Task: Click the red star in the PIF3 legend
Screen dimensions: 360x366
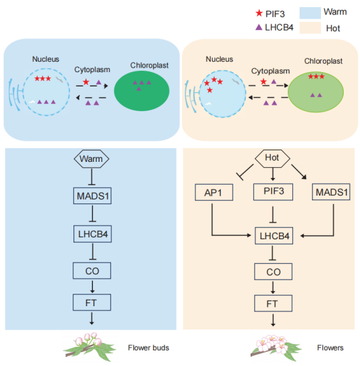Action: (259, 13)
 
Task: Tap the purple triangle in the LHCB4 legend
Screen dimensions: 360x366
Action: (259, 27)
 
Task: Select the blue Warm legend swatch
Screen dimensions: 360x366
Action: (310, 13)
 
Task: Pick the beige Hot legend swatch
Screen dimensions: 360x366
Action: (310, 28)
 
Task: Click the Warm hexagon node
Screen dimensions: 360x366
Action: (92, 159)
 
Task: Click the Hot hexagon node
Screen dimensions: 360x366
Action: (272, 159)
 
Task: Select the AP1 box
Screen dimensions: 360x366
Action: (214, 192)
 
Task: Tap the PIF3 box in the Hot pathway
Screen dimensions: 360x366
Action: (273, 192)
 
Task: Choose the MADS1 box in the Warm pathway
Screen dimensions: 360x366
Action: (92, 196)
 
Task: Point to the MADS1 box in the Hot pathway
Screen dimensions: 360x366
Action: (331, 192)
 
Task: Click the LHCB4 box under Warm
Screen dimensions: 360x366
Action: (92, 234)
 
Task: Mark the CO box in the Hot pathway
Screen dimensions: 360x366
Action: (273, 272)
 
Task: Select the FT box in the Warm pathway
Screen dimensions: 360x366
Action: (92, 302)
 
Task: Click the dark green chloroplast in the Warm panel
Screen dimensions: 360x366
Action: (142, 91)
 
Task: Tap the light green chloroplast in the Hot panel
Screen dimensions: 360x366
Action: (316, 92)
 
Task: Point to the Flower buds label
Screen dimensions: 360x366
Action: (148, 348)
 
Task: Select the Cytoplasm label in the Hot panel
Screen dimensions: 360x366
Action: (270, 71)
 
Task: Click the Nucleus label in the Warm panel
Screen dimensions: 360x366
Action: (45, 59)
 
